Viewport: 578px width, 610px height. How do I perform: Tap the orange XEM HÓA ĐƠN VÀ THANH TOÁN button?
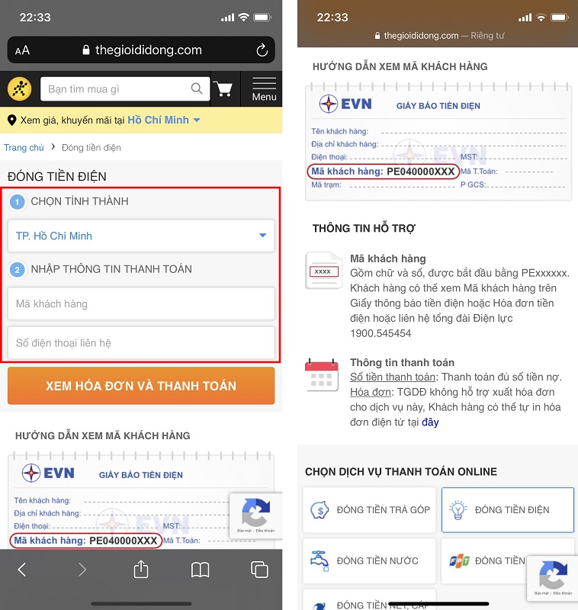(141, 386)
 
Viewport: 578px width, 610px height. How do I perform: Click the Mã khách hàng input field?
(141, 303)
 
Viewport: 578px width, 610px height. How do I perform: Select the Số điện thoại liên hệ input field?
(141, 343)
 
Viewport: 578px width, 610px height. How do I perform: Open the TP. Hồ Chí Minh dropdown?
(141, 236)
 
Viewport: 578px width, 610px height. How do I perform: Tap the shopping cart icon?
(223, 89)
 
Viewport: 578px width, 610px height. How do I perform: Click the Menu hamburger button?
(264, 88)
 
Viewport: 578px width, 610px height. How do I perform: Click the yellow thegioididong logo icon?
(20, 89)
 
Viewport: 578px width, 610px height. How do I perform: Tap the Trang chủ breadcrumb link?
(24, 147)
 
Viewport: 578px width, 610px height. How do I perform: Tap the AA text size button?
(22, 50)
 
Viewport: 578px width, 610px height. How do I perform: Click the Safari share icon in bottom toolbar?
(141, 569)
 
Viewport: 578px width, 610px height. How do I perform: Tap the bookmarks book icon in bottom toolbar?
(200, 569)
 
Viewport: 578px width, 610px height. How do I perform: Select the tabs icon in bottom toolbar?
(259, 569)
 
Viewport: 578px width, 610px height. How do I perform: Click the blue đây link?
(431, 422)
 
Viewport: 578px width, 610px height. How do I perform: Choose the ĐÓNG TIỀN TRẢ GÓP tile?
(369, 509)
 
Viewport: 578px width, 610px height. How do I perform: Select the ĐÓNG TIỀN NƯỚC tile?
(369, 560)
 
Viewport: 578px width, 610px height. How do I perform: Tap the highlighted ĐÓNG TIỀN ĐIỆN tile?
(507, 509)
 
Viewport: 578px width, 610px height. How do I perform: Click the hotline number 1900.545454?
(381, 333)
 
